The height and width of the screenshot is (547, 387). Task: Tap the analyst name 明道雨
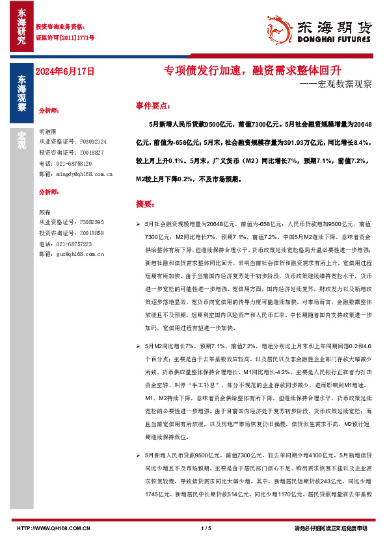click(x=48, y=130)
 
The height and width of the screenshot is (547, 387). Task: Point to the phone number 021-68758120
click(x=73, y=164)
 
